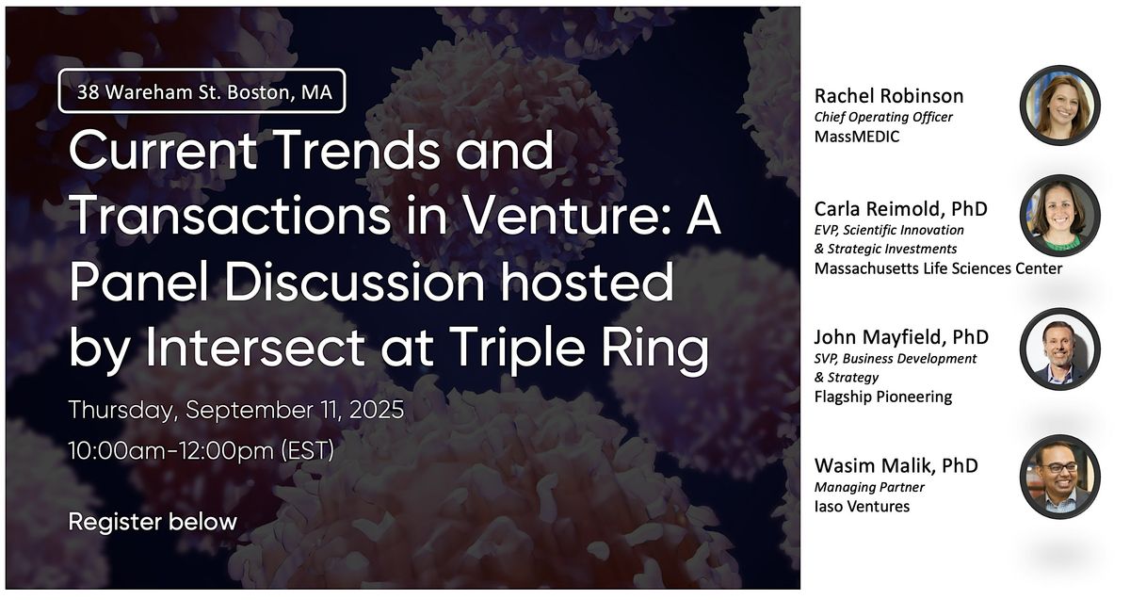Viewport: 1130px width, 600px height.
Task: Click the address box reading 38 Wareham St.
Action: [202, 90]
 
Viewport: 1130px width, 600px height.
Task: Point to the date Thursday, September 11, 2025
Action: [236, 409]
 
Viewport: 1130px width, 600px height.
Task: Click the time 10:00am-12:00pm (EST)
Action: [202, 450]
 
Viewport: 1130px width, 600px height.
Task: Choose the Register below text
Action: [153, 521]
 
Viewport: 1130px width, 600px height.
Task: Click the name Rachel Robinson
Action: [889, 96]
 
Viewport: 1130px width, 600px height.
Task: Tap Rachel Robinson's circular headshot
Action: [1060, 105]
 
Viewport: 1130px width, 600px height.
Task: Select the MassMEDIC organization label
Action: [857, 137]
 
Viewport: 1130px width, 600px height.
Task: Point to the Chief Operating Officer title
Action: [883, 117]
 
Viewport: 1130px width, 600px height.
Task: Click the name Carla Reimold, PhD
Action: [901, 209]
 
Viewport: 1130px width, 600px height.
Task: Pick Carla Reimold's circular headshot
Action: [1060, 216]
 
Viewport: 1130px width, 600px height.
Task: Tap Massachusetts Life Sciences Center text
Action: [938, 268]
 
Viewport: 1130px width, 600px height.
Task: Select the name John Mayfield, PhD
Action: [901, 337]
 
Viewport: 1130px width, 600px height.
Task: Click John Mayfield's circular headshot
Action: [1060, 349]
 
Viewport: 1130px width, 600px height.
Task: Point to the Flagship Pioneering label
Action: [883, 397]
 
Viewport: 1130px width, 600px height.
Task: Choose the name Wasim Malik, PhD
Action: [896, 465]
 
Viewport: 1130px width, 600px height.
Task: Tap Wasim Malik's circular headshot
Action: [1060, 477]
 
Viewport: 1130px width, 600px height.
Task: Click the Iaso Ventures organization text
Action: [863, 507]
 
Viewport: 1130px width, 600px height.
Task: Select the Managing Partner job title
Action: [869, 488]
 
